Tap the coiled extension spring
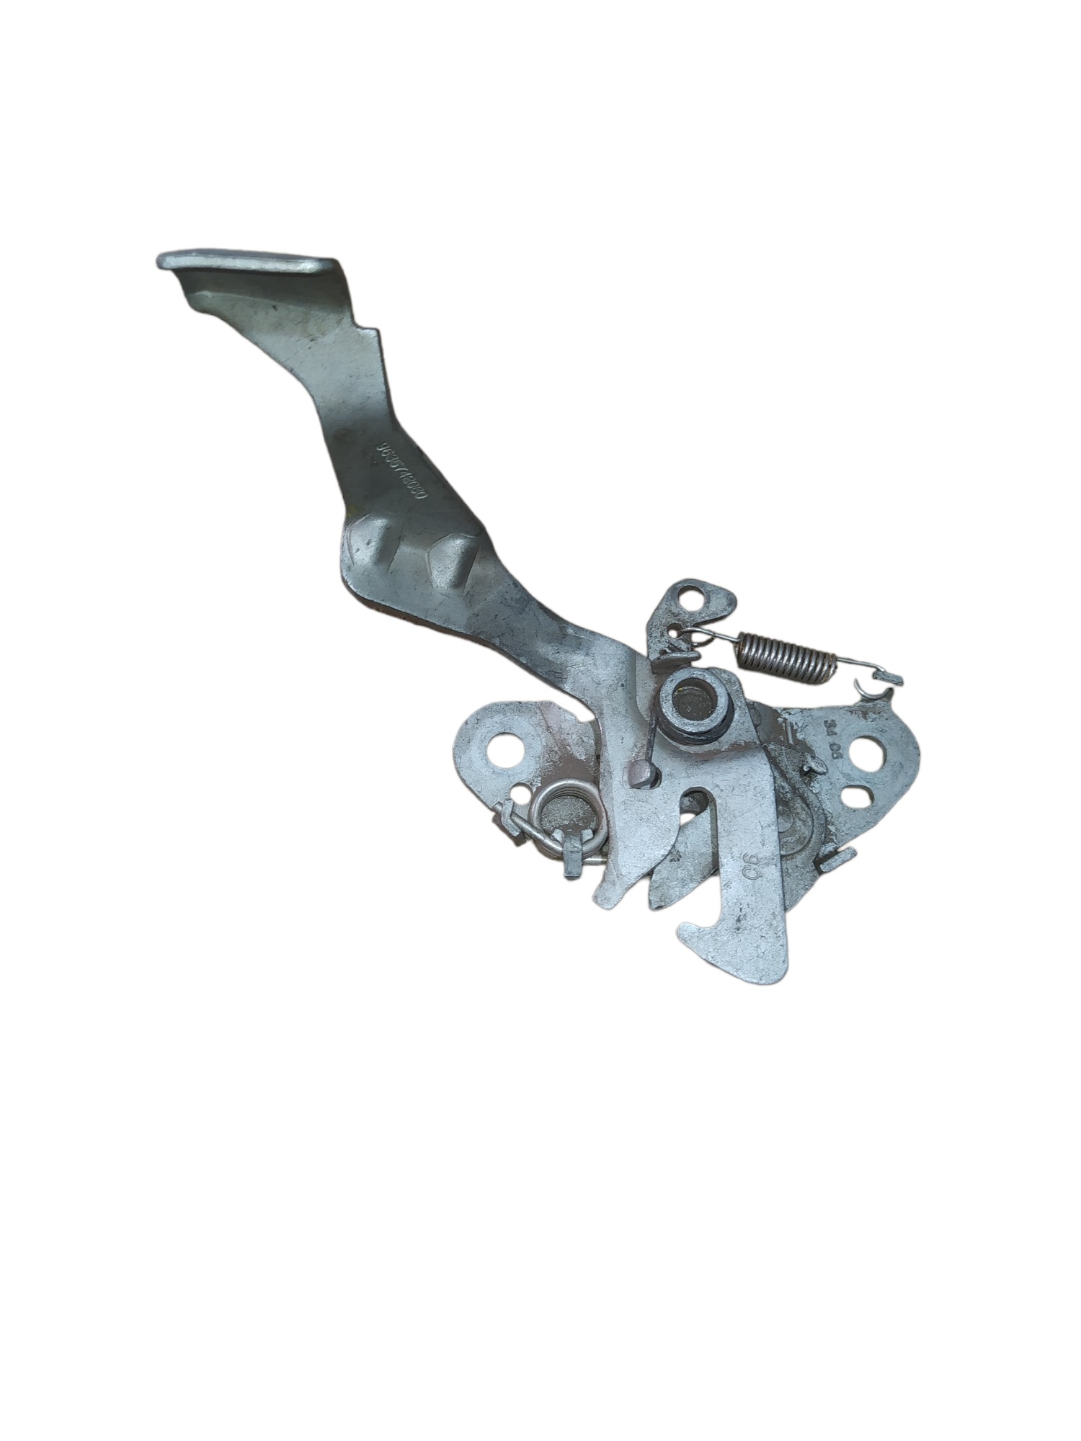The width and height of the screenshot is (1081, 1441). coord(785,653)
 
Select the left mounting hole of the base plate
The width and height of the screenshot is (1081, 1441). coord(510,749)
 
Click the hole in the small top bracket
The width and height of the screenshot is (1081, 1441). coord(695,597)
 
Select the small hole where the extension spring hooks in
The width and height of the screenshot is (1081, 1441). coord(673,633)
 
